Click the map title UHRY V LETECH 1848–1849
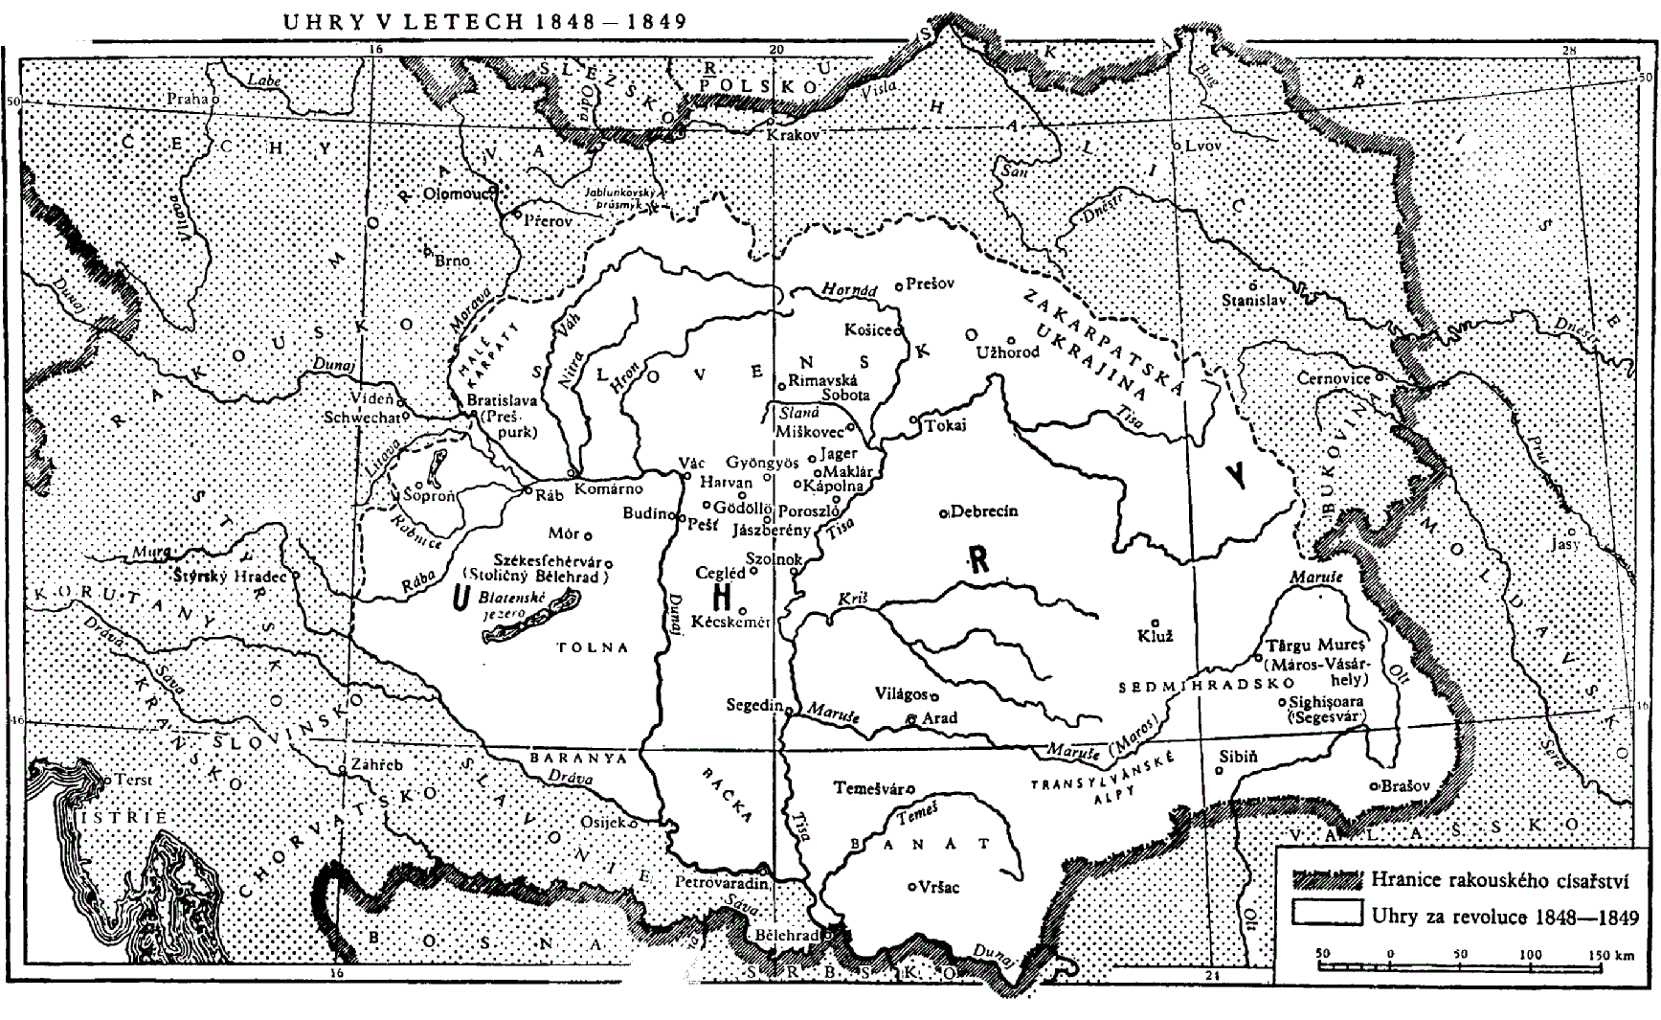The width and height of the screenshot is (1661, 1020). (x=484, y=21)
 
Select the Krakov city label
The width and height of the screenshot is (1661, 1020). (x=794, y=136)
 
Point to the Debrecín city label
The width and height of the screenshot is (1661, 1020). (x=983, y=511)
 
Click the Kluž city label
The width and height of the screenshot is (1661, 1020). (x=1155, y=636)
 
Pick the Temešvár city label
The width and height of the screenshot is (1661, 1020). (x=869, y=789)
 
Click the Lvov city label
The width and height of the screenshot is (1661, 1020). (x=1202, y=146)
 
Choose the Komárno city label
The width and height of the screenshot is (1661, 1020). (x=608, y=488)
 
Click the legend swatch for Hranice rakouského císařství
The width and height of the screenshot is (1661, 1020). (x=1327, y=878)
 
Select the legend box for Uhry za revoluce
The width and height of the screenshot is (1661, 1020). (x=1327, y=913)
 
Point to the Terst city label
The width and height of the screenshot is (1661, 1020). (x=133, y=780)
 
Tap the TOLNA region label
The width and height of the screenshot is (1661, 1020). (x=594, y=647)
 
